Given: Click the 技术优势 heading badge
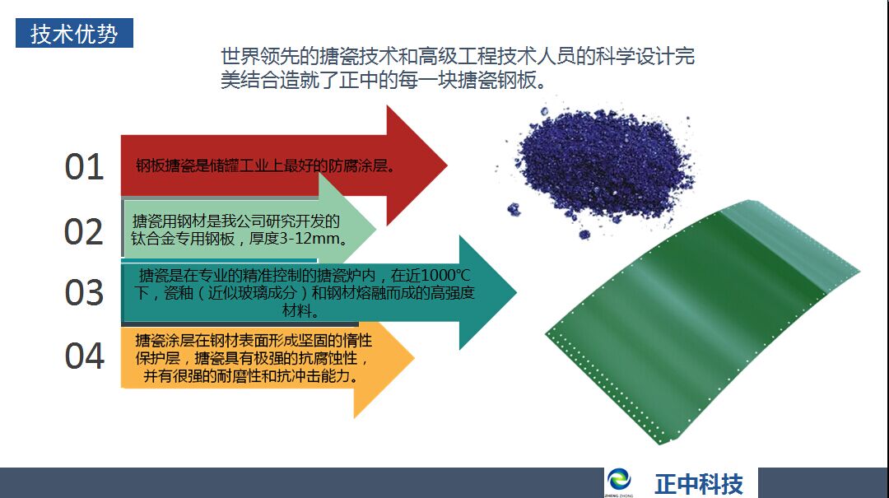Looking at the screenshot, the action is click(x=74, y=33).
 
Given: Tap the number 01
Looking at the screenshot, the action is click(x=85, y=167).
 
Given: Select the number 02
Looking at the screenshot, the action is click(x=84, y=232).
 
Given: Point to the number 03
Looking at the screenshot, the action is click(x=85, y=293).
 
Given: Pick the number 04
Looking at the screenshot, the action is click(x=85, y=356).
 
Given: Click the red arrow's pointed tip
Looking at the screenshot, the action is click(x=447, y=165).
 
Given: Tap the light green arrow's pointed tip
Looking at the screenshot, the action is click(x=375, y=229).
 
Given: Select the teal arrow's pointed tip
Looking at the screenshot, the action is click(x=516, y=293).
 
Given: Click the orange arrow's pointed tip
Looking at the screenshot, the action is click(x=414, y=357).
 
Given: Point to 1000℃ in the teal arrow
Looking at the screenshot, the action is click(x=446, y=275).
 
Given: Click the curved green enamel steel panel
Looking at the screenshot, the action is click(x=702, y=320).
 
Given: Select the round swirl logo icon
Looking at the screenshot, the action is click(x=618, y=481).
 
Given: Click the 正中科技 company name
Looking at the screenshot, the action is click(x=699, y=484).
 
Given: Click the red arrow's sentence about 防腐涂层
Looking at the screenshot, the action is click(x=265, y=165).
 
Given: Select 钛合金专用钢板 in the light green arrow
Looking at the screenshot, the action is click(x=183, y=238).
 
